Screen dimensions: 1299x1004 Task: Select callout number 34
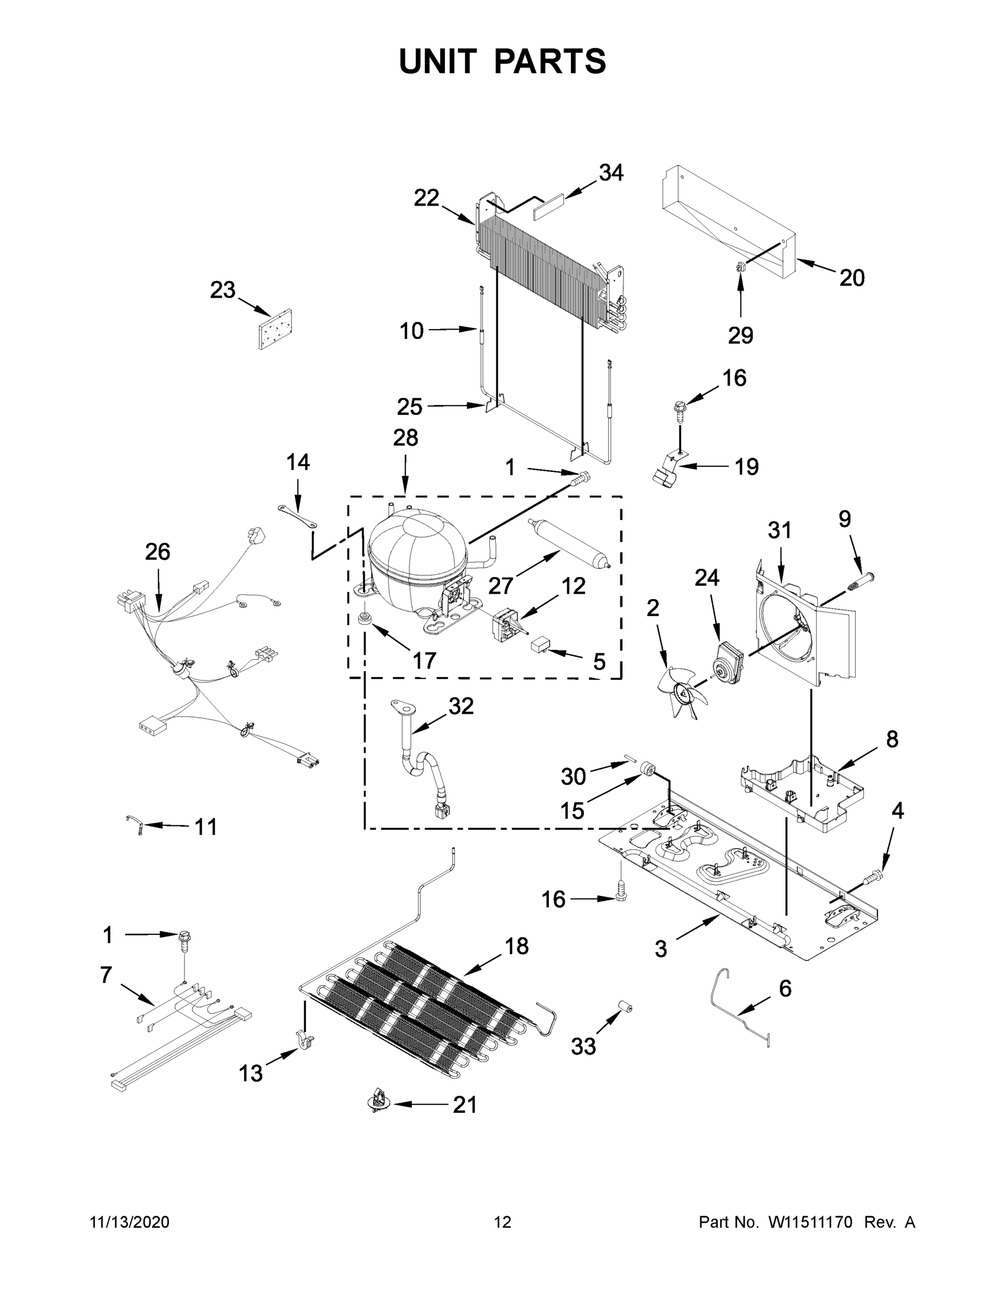[x=611, y=173]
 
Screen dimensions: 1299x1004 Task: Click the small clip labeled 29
[x=740, y=269]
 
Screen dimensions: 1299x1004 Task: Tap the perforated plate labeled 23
[x=275, y=329]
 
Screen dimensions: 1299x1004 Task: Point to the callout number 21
[x=464, y=1105]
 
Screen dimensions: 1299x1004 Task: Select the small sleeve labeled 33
[x=624, y=1006]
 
